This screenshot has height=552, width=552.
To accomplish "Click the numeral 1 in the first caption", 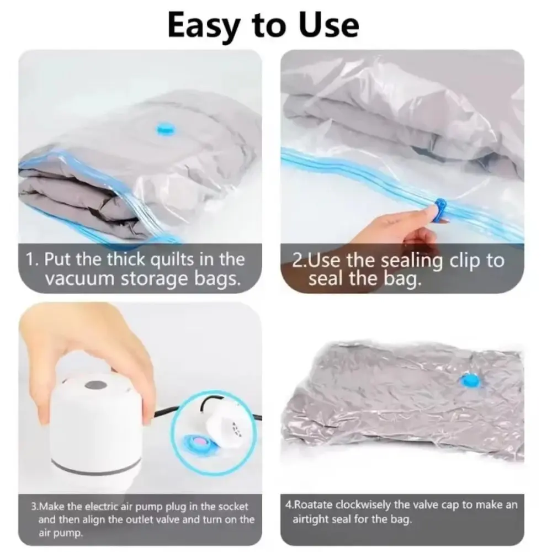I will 31,259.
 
